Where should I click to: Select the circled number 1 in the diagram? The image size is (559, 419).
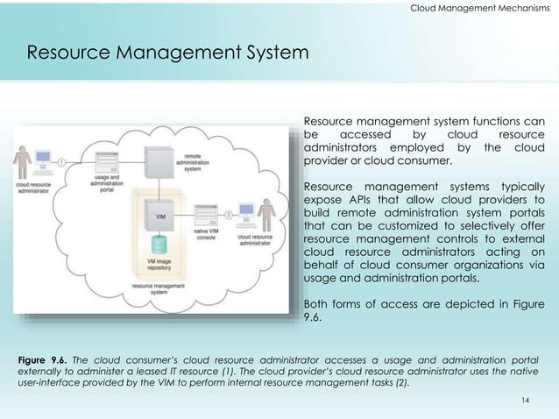click(62, 161)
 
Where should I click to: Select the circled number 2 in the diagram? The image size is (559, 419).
click(228, 214)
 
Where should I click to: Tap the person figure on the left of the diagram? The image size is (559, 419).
click(25, 163)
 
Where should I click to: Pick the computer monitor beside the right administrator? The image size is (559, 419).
click(246, 216)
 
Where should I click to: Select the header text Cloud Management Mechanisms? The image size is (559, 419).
click(480, 9)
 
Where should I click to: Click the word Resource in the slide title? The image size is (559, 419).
click(68, 53)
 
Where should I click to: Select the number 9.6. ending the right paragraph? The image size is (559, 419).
click(314, 318)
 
